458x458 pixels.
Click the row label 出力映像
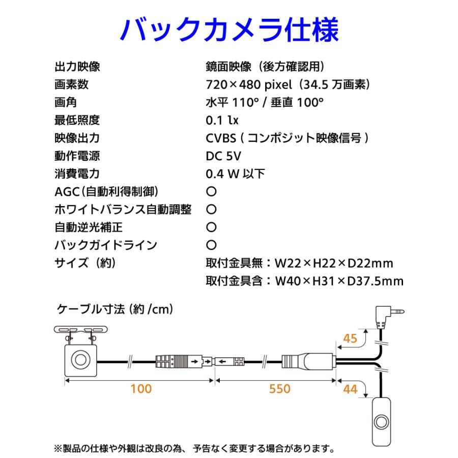click(77, 67)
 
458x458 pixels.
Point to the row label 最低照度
click(77, 120)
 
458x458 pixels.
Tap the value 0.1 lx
click(222, 120)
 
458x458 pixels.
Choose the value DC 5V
click(223, 156)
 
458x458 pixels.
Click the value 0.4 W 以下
click(235, 174)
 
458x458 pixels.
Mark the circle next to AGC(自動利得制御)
click(211, 192)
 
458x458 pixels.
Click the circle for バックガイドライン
click(211, 245)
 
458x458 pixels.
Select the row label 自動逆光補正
click(88, 227)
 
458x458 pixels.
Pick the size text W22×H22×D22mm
click(334, 264)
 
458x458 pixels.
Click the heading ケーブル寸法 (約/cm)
click(114, 309)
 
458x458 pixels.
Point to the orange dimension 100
click(141, 389)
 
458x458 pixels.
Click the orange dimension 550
click(279, 389)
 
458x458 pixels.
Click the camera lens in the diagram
click(80, 360)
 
